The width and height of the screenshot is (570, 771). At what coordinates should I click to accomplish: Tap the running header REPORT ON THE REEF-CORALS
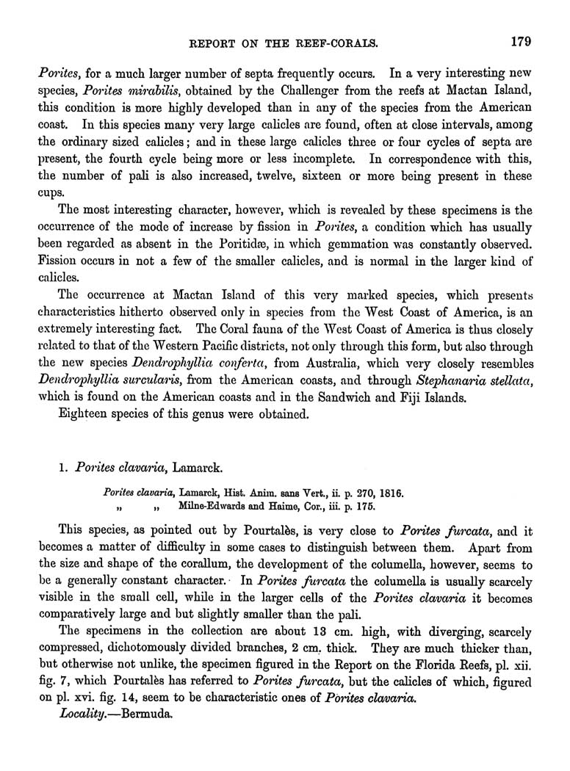[284, 43]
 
